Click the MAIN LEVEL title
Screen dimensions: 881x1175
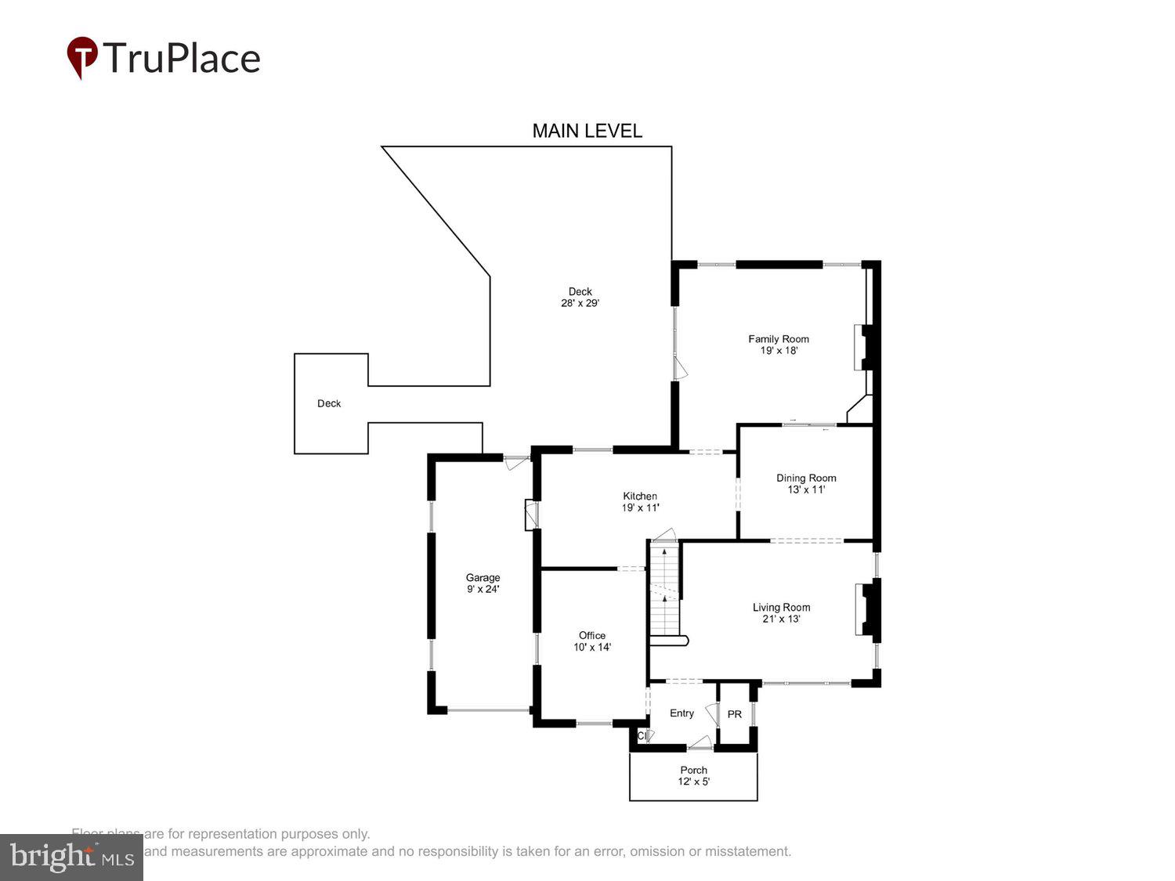[x=587, y=131]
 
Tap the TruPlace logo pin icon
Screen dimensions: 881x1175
[x=82, y=57]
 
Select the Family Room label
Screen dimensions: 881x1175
[x=778, y=339]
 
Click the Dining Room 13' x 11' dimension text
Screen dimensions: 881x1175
[x=806, y=490]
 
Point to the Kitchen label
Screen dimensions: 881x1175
[x=640, y=496]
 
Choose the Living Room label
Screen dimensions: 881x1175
[x=781, y=607]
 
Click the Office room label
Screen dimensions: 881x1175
[x=592, y=635]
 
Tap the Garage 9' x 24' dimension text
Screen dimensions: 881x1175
[x=483, y=590]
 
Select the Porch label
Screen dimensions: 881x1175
[x=693, y=770]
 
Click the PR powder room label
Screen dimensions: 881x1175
[x=734, y=714]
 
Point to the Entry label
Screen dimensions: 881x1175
[x=681, y=713]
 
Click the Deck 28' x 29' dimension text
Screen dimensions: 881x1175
[x=580, y=303]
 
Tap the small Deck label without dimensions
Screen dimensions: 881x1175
[x=329, y=403]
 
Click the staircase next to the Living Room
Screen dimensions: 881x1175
[x=664, y=591]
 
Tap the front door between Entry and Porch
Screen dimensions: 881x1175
[x=700, y=743]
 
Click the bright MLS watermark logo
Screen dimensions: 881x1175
[x=71, y=857]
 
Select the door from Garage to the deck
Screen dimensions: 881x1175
[x=517, y=462]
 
